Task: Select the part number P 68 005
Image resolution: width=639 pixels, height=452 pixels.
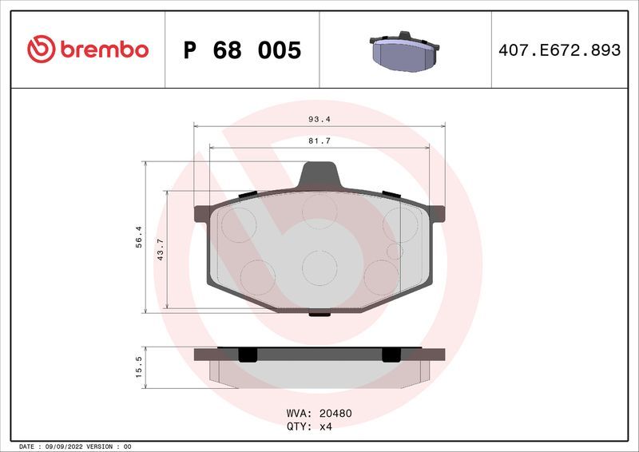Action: click(x=242, y=50)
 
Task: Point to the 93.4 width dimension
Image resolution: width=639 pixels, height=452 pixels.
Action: click(x=319, y=119)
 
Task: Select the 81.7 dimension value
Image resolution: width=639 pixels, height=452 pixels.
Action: click(x=319, y=141)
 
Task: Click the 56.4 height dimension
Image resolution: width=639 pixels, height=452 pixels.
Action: click(x=137, y=236)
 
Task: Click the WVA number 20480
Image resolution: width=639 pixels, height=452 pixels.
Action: click(x=336, y=414)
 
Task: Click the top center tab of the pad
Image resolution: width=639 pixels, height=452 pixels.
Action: click(x=320, y=173)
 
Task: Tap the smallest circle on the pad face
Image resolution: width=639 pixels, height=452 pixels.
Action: click(x=393, y=252)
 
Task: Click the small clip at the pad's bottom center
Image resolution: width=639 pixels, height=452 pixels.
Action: click(x=320, y=313)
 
